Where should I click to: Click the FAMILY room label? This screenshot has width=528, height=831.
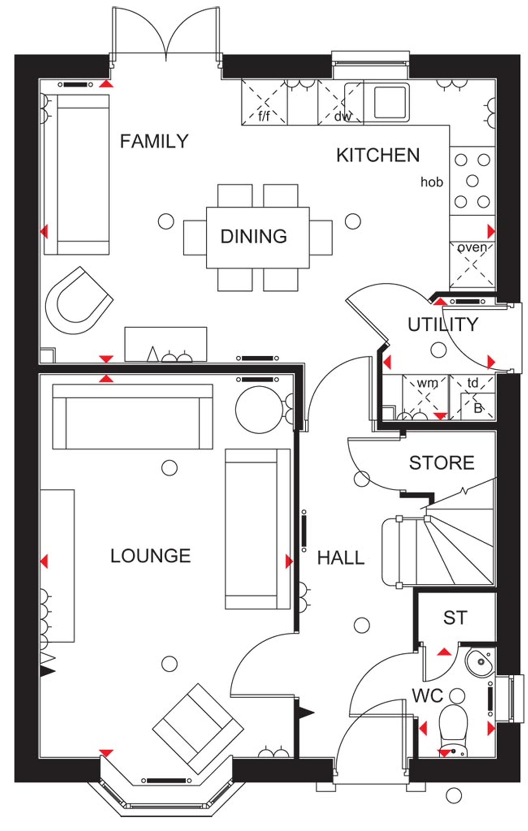(154, 141)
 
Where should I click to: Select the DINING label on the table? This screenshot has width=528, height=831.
(254, 236)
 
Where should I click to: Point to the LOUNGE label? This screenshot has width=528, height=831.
(150, 556)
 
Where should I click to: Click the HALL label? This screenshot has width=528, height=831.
(341, 558)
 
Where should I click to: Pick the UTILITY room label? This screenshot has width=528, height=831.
(443, 324)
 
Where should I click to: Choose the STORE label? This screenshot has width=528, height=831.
(442, 463)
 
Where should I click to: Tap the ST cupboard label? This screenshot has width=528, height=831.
(455, 618)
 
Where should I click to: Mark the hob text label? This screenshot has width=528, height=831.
(432, 182)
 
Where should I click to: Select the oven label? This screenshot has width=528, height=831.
(472, 247)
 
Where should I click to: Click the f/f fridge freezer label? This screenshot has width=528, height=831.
(264, 116)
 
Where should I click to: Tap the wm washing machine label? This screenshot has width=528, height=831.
(427, 383)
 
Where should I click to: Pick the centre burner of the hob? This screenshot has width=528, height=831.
(472, 181)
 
